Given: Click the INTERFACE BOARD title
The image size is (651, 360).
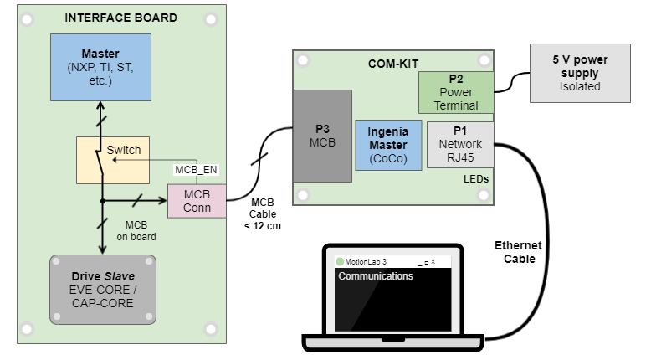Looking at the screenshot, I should coord(120,18).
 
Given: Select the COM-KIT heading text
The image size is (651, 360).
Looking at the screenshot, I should coord(392,63).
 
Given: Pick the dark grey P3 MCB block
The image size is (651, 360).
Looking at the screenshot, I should coord(322,136).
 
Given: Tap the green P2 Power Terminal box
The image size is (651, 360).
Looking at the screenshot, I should coord(456,92).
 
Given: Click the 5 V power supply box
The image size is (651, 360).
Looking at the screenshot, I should coord(580,73).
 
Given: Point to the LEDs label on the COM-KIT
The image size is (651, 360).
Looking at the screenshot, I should coord(476,179).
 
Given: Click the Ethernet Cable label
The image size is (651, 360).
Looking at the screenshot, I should coord(518,252).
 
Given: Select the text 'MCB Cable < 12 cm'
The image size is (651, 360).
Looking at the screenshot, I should coord(263,213).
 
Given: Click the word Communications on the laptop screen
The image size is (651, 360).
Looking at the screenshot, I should coord(376,276).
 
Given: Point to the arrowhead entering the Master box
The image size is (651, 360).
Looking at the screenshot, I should coord(100,105).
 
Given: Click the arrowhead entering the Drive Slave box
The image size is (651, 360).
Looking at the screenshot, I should coord(102,249).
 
